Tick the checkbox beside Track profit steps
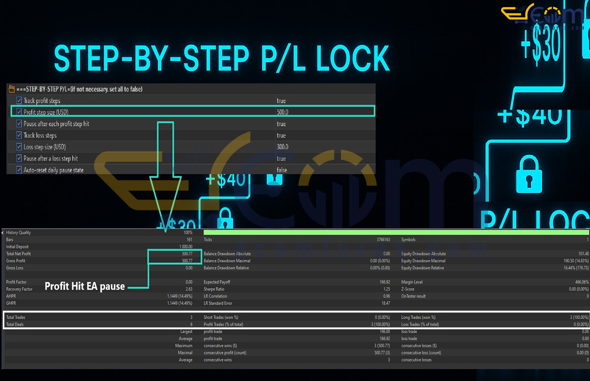click(19, 101)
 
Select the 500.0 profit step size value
click(282, 112)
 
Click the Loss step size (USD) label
click(45, 147)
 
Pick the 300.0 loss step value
click(282, 147)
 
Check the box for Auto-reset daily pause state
click(19, 170)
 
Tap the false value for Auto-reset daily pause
click(282, 170)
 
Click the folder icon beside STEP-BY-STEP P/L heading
click(12, 89)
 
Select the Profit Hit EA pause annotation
click(85, 287)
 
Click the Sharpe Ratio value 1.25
click(386, 289)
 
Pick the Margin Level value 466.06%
click(579, 282)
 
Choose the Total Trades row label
click(16, 317)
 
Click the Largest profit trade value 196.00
click(383, 332)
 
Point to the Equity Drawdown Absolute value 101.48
click(582, 254)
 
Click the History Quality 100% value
click(188, 233)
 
